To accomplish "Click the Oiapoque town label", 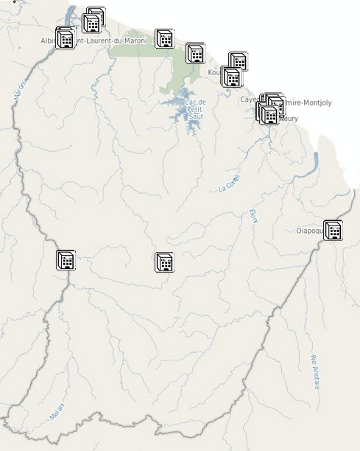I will [x=308, y=231].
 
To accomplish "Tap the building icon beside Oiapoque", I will [x=333, y=230].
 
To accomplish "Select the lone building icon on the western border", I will [x=66, y=259].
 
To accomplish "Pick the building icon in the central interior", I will [x=164, y=262].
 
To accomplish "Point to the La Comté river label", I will [x=229, y=183].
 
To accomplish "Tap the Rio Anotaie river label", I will [x=315, y=372].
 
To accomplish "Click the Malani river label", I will [x=57, y=410].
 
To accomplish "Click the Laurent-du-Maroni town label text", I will [x=111, y=41].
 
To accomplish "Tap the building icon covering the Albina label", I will [x=66, y=38].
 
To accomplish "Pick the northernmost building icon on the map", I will [x=95, y=17].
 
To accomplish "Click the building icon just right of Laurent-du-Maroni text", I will [x=164, y=38].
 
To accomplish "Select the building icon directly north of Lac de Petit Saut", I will [x=195, y=52].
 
